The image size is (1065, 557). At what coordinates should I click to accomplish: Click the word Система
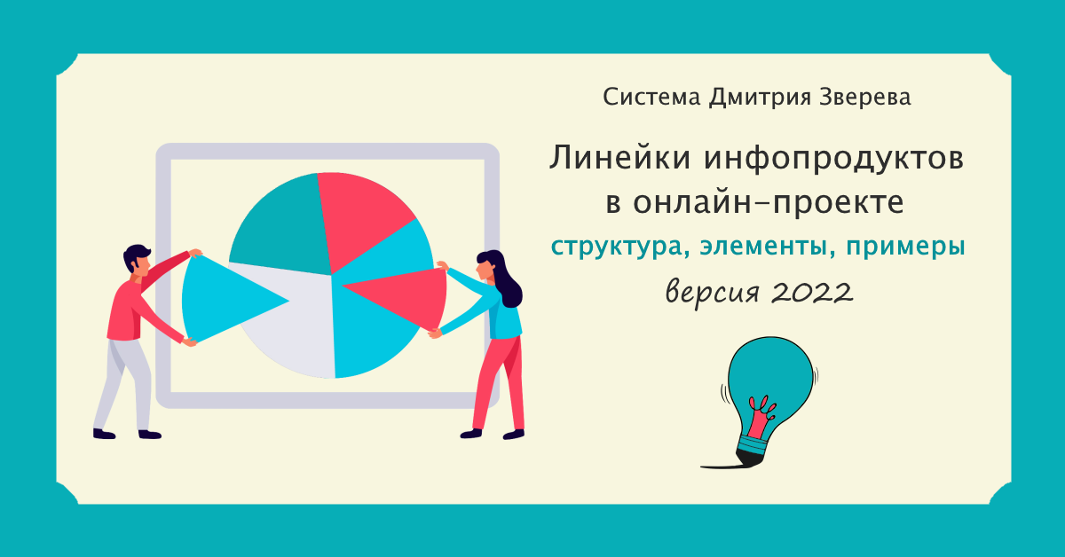pos(651,97)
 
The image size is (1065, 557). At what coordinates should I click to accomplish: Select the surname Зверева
pos(864,97)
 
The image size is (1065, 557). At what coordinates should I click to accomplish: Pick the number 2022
pos(811,292)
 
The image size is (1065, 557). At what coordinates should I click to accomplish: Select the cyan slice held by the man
pos(224,299)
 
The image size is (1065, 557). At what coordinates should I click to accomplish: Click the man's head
pos(138,261)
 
